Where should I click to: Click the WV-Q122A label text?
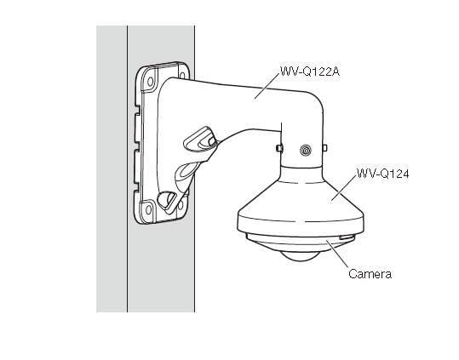310,71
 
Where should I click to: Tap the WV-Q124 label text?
383,174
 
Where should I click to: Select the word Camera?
370,274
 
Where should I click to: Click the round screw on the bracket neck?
306,151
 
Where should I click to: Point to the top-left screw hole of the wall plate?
150,82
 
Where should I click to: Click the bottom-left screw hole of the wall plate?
148,209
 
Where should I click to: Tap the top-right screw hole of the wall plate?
182,76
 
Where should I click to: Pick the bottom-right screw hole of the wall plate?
181,205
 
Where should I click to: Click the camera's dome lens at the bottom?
300,256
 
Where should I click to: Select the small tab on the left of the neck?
279,148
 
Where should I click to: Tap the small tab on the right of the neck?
324,148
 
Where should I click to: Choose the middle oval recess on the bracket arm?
187,173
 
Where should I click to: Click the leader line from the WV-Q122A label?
267,86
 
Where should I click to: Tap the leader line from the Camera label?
337,254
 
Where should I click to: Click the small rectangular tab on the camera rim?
347,237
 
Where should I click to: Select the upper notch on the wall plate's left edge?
137,110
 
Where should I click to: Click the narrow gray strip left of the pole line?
112,169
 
